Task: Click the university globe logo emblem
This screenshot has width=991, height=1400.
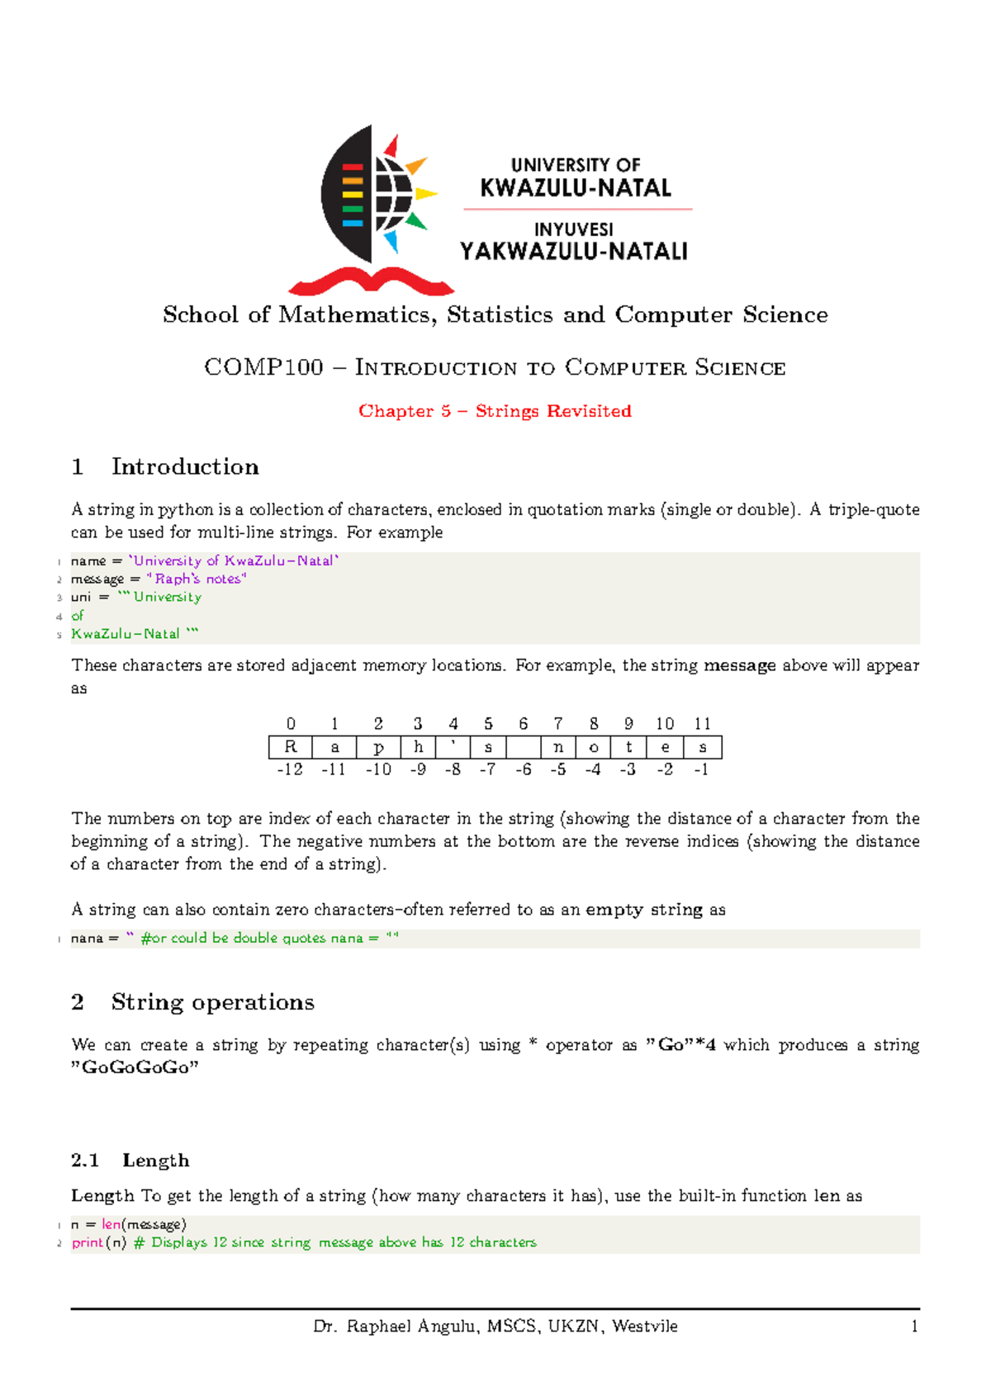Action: pos(376,198)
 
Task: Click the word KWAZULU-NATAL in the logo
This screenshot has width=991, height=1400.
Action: pos(576,188)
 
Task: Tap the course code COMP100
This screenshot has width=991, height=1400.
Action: pos(263,367)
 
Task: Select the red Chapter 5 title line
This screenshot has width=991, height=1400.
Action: pos(495,411)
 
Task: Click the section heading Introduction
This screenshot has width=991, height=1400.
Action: pos(185,467)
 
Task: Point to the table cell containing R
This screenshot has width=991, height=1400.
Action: pos(291,747)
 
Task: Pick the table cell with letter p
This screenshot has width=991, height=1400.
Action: pos(378,747)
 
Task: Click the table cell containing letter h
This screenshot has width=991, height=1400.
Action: pos(419,747)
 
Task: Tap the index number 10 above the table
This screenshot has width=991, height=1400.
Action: pos(665,724)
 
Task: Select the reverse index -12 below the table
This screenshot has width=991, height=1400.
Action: pos(290,769)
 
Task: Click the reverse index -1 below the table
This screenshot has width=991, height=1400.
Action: pos(702,769)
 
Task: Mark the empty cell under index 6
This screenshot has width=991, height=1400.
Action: pos(524,747)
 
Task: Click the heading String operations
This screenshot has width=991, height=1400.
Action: pos(212,1002)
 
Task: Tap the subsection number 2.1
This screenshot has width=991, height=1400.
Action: pos(85,1161)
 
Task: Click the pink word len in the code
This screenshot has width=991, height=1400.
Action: pos(111,1224)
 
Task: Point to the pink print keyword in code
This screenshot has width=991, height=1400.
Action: pos(88,1242)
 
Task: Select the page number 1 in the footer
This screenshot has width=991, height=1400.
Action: pos(914,1327)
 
